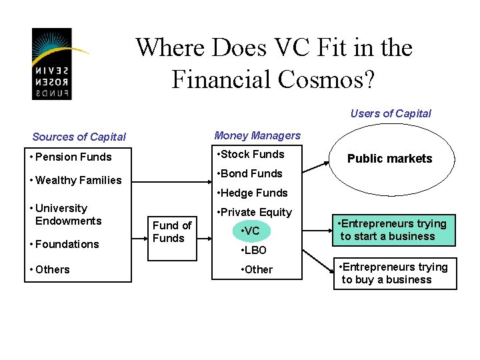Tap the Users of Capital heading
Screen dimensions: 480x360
point(391,113)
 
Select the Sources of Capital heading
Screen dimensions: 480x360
point(79,137)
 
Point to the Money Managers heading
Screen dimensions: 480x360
point(257,135)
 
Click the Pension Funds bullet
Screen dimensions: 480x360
point(71,157)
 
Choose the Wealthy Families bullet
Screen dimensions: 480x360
point(75,180)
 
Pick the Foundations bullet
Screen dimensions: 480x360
point(64,244)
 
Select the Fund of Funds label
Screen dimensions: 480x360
point(172,232)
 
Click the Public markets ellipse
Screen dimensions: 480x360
point(389,159)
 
